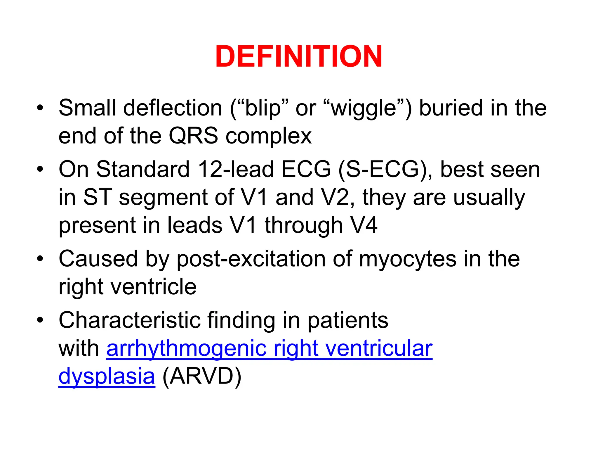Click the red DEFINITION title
point(299,56)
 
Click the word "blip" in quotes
point(263,108)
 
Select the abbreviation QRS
point(193,136)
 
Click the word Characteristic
point(130,320)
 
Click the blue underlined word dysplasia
point(107,377)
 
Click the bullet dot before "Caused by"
point(40,258)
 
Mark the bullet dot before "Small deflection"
point(40,108)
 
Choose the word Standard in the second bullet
point(143,169)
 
